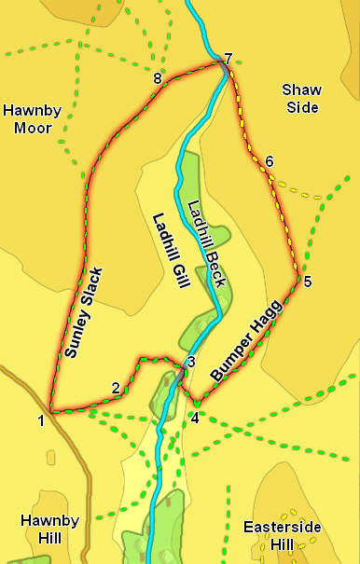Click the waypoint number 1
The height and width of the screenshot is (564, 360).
(x=41, y=421)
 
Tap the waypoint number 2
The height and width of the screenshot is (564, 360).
(x=115, y=388)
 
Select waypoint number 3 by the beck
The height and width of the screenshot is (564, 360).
(x=190, y=362)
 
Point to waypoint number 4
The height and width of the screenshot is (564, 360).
(x=195, y=418)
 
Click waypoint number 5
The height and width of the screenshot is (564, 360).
(x=308, y=281)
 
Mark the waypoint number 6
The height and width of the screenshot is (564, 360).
(x=270, y=161)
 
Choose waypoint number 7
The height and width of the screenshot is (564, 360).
(x=228, y=58)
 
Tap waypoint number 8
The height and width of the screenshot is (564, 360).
(x=158, y=79)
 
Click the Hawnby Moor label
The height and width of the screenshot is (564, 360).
(x=33, y=118)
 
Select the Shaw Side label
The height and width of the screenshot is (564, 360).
(x=300, y=98)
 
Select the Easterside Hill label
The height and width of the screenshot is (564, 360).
(x=283, y=535)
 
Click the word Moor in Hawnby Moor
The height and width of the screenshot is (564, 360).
(x=33, y=127)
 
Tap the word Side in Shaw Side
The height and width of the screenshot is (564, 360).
(x=301, y=107)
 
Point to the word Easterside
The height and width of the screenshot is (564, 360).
(x=283, y=527)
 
